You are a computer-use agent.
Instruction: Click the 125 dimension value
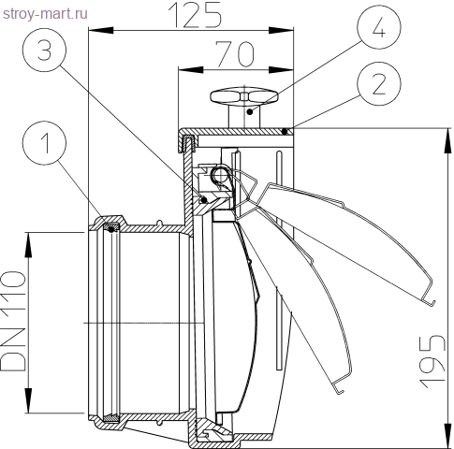click(x=195, y=14)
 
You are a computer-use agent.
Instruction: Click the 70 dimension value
click(x=236, y=54)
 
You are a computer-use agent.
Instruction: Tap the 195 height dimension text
click(x=432, y=362)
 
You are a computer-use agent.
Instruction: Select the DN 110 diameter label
click(x=13, y=321)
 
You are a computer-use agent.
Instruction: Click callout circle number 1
click(x=44, y=142)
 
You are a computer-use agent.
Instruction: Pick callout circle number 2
click(x=379, y=83)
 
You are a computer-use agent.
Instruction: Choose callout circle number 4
click(x=379, y=27)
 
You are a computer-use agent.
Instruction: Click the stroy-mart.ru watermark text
click(x=45, y=14)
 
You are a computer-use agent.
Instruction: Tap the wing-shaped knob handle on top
click(x=244, y=95)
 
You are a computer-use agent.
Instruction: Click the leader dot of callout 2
click(x=285, y=132)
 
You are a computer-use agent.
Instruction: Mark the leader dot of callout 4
click(x=249, y=111)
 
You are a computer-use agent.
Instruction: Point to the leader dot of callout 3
click(x=204, y=199)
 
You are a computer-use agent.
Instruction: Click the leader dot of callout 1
click(x=111, y=229)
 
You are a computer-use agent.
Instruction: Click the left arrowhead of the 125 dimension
click(x=101, y=30)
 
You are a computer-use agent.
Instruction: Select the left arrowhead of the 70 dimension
click(x=191, y=69)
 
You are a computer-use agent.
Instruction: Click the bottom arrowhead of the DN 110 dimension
click(x=28, y=400)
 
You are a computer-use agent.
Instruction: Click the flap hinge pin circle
click(x=220, y=176)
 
